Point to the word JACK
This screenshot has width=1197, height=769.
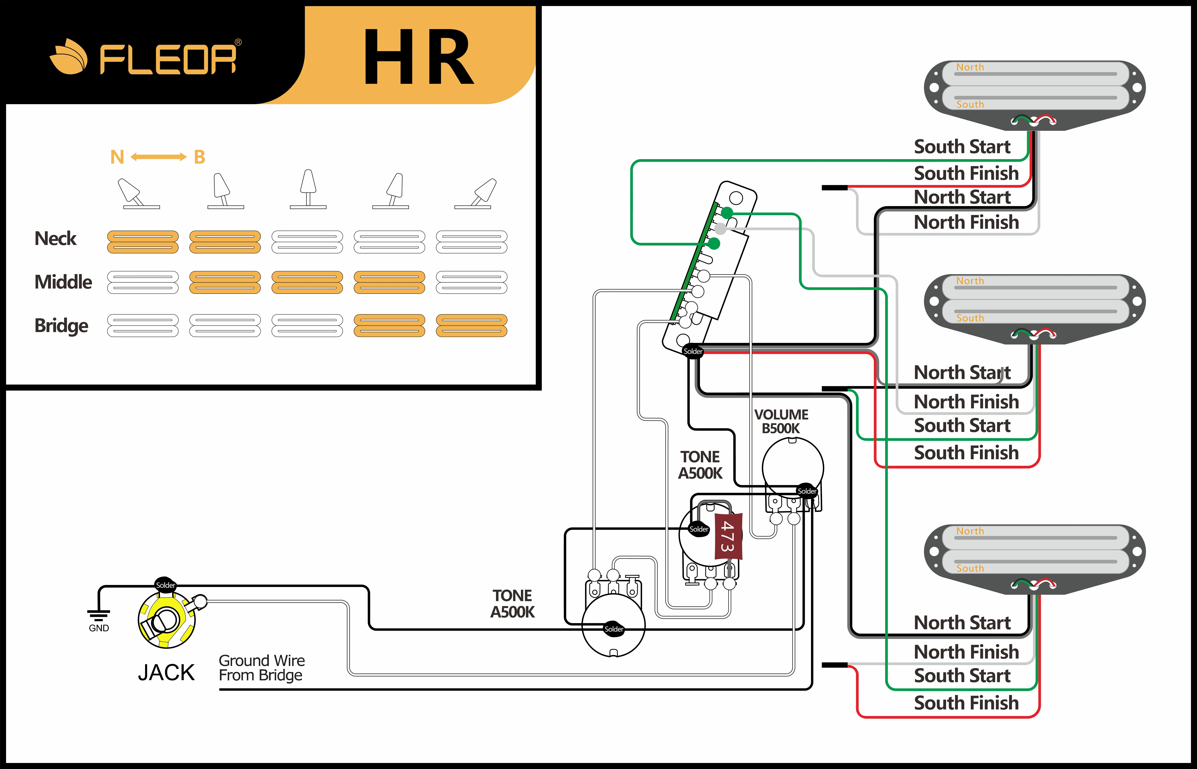pyautogui.click(x=166, y=673)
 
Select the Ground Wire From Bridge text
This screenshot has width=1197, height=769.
pyautogui.click(x=261, y=668)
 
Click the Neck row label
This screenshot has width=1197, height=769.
pyautogui.click(x=55, y=239)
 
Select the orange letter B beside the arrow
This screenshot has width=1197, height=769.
pyautogui.click(x=199, y=157)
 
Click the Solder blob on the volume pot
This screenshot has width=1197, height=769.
pyautogui.click(x=807, y=491)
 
